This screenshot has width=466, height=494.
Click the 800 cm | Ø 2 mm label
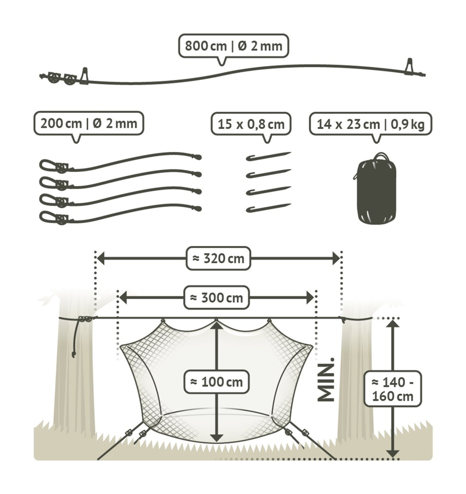(233, 46)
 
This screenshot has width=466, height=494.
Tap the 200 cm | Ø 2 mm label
(89, 123)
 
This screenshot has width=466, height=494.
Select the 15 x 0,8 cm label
(251, 124)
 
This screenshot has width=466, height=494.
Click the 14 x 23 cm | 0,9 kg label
(370, 124)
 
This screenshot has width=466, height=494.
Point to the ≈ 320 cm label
(219, 259)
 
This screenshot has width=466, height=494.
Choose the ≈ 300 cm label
(217, 298)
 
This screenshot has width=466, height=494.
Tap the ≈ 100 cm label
(217, 381)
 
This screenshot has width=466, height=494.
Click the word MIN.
(327, 380)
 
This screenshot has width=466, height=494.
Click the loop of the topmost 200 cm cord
(48, 165)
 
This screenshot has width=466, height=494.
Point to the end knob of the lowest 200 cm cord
(197, 209)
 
